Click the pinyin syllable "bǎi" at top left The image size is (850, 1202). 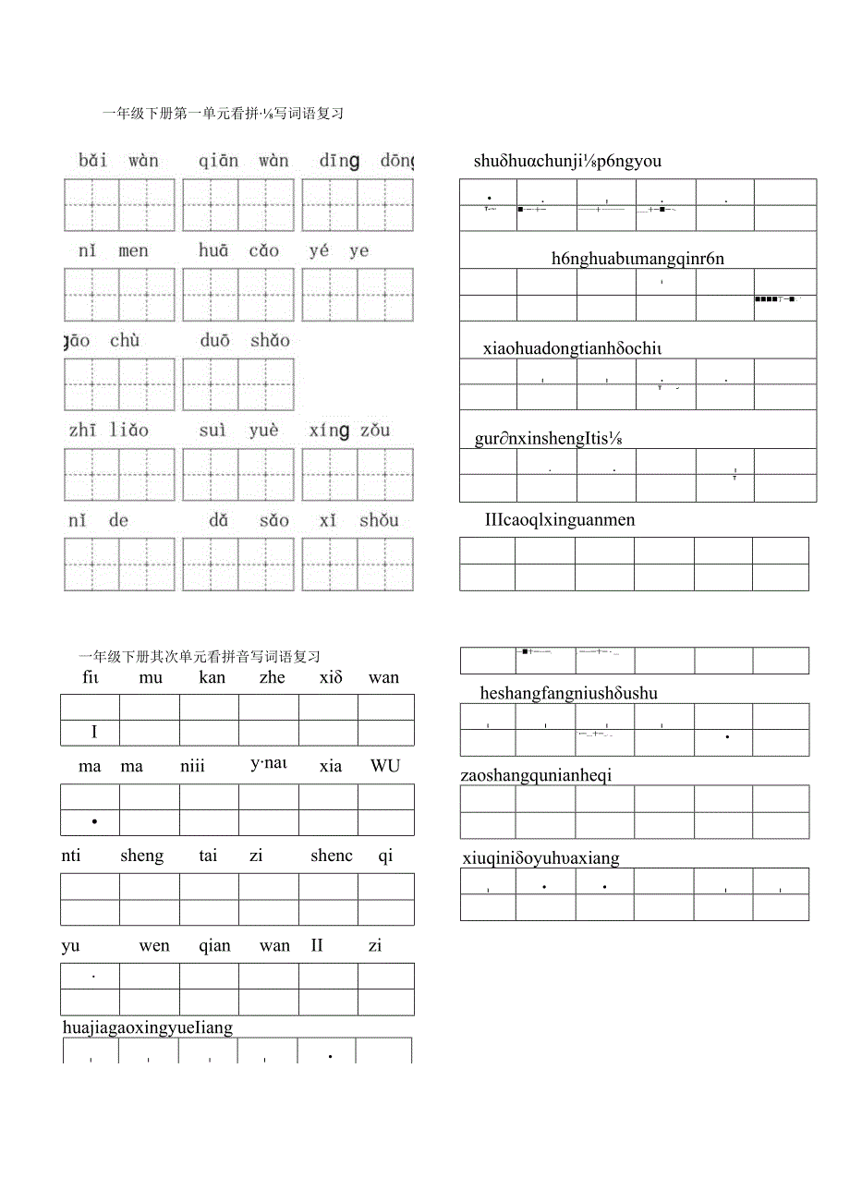coord(92,161)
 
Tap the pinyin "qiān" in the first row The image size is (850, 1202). coord(218,161)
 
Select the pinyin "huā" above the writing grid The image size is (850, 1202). coord(212,250)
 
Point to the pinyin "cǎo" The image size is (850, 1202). coord(263,250)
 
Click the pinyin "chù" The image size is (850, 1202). coord(125,340)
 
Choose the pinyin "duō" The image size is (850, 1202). coord(214,340)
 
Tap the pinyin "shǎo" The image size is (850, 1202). coord(270,340)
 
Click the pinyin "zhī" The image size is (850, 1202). coord(81,430)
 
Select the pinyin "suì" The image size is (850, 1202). coord(212,430)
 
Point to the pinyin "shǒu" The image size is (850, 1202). coord(379,520)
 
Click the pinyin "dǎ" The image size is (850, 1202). coord(218,520)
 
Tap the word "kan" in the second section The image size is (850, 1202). coord(212,677)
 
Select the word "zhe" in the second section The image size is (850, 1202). coord(273,677)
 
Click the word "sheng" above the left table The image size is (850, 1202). coord(141,856)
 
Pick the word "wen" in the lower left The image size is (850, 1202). coord(154,945)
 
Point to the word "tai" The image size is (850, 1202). coord(208,856)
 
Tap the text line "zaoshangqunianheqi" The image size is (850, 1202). coord(536,775)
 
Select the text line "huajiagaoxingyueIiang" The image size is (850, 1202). coord(148,1027)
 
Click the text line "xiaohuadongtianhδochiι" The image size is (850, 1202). coord(572,348)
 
